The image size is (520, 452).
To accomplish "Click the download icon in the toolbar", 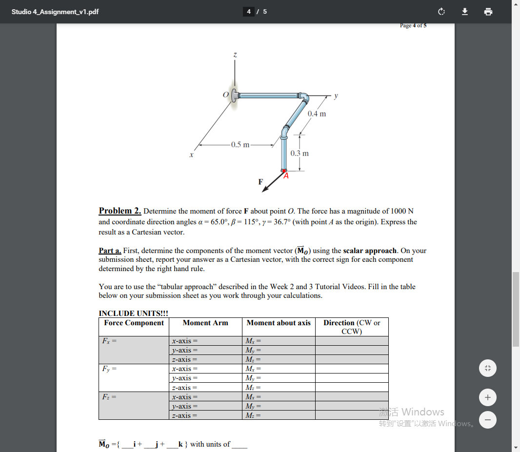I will tap(465, 12).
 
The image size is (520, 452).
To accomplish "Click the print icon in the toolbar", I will tap(488, 12).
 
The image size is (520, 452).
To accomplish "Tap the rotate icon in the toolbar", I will tap(441, 12).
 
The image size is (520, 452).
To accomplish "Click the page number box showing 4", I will tap(249, 12).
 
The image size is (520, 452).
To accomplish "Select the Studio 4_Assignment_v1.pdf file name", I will tap(55, 12).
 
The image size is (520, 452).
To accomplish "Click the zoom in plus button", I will tap(488, 398).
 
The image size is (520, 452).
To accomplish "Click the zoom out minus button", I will tap(488, 419).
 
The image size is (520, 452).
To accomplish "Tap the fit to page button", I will tap(488, 368).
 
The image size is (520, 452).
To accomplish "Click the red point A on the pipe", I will tap(284, 171).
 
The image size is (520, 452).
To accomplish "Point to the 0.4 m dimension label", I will tap(317, 114).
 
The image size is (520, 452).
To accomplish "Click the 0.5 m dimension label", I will tap(240, 144).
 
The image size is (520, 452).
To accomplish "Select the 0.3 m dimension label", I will tap(299, 153).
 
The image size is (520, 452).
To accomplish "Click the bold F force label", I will tap(260, 182).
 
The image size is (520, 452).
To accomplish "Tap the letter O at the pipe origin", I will tap(226, 95).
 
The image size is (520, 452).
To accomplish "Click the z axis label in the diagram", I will tap(235, 56).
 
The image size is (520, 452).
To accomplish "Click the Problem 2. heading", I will tap(120, 211).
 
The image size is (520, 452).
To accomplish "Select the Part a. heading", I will tap(110, 251).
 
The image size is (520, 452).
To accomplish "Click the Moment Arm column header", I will tap(205, 323).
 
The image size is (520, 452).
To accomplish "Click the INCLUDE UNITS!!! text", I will tap(133, 313).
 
